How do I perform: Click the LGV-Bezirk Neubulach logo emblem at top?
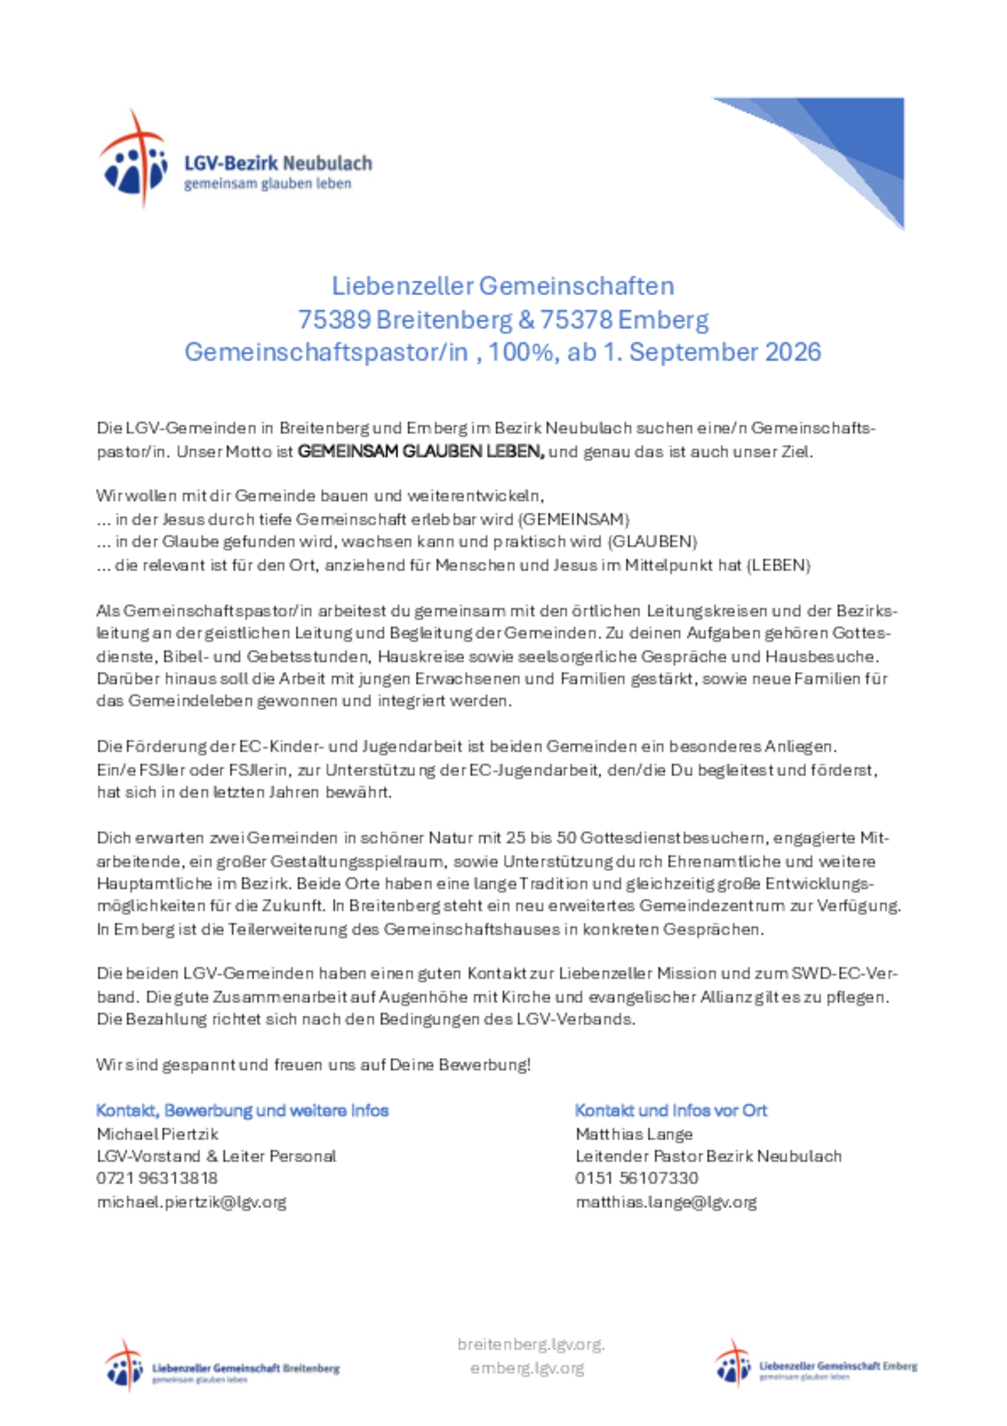pos(133,159)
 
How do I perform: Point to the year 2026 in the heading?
pos(793,352)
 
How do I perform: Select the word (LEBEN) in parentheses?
pos(778,565)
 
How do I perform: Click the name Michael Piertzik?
pos(157,1134)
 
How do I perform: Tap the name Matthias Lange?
pos(633,1134)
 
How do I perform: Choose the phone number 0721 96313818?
pos(157,1178)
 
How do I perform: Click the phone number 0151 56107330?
pos(636,1178)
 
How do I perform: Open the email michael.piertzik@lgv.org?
pos(191,1202)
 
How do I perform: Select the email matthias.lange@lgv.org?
pos(666,1202)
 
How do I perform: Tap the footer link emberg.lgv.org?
pos(527,1368)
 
